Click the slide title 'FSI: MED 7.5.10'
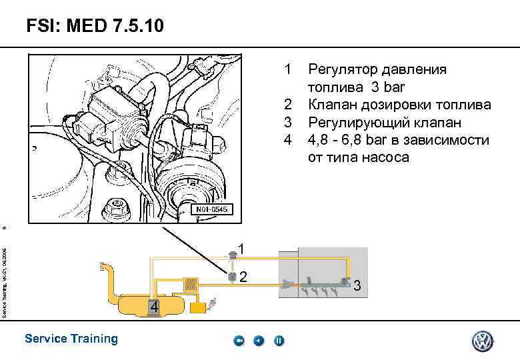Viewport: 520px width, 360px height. click(93, 27)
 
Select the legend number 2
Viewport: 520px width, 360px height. click(288, 105)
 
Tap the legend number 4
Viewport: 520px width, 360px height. click(288, 140)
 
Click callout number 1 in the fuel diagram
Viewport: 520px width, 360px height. click(243, 249)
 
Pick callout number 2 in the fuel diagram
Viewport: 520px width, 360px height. click(243, 276)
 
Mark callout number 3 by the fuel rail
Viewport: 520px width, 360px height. click(357, 287)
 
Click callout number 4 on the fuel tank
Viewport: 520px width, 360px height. click(153, 307)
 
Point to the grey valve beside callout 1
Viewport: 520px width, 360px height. click(231, 253)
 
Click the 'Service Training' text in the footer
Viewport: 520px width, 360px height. click(71, 339)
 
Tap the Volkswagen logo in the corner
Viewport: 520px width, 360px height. click(482, 341)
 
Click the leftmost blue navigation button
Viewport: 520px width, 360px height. click(239, 341)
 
